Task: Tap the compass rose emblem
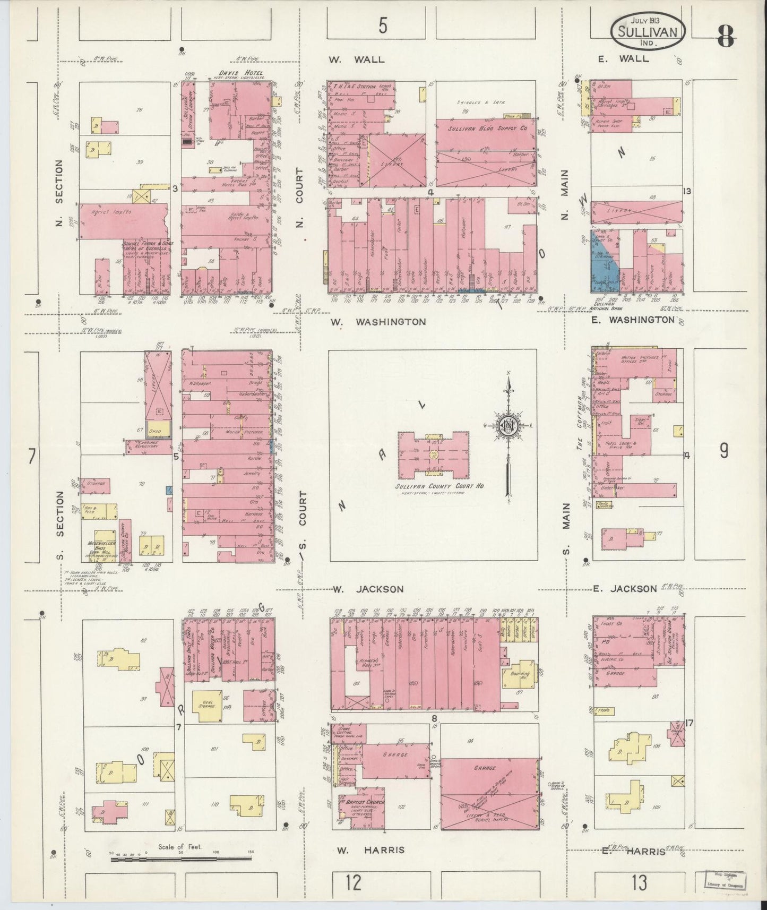[509, 426]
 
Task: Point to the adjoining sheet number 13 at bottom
[639, 883]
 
